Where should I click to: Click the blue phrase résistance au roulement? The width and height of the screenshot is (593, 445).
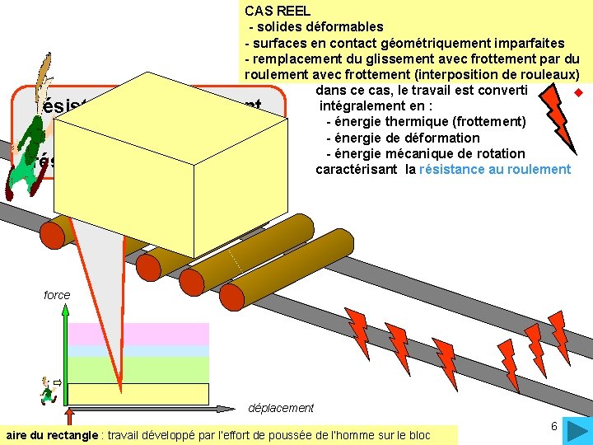[x=494, y=170]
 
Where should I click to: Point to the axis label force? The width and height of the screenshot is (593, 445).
[x=57, y=295]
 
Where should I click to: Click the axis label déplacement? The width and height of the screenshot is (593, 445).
[x=280, y=407]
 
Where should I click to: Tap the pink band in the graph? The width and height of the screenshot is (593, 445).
[x=138, y=333]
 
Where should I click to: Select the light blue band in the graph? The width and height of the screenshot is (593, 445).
[x=138, y=350]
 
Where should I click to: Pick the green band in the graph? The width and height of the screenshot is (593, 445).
[x=138, y=368]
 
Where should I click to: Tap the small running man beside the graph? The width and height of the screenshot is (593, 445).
[x=47, y=390]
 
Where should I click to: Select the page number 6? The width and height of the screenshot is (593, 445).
[x=554, y=426]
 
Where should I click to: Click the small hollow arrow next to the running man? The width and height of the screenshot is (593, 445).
[x=58, y=382]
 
